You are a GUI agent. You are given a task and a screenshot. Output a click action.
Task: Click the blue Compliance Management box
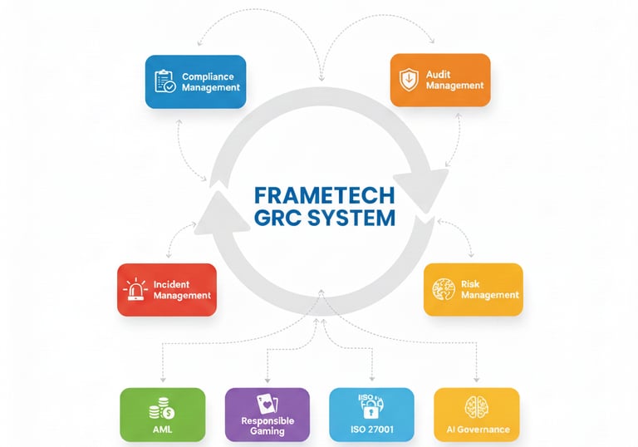[x=195, y=81]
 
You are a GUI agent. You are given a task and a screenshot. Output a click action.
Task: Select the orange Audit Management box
[x=439, y=80]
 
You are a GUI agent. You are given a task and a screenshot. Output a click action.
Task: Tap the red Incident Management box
[x=167, y=289]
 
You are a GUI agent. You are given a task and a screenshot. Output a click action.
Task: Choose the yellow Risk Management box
[x=473, y=289]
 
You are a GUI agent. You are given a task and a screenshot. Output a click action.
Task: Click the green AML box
[x=162, y=414]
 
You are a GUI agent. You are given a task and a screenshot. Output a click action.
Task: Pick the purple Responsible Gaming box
[x=267, y=414]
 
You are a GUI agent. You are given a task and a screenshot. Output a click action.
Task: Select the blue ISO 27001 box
[x=371, y=414]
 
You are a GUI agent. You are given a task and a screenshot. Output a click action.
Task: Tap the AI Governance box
[x=477, y=414]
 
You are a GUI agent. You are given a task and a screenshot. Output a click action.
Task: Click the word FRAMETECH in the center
[x=324, y=195]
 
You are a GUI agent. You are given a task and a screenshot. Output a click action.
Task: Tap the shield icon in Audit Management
[x=409, y=80]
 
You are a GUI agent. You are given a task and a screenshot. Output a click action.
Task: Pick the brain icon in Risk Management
[x=444, y=289]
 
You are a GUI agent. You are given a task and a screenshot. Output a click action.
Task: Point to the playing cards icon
[x=267, y=402]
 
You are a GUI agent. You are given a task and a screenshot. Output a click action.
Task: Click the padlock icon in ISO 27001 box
[x=371, y=407]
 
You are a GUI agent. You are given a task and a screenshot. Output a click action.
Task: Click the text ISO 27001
[x=371, y=430]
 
